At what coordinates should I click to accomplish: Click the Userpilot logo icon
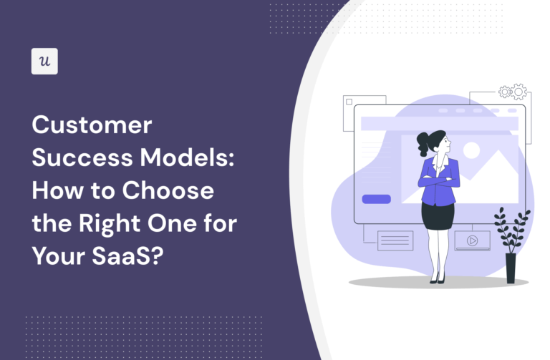(x=44, y=62)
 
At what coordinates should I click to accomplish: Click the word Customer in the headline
(x=92, y=126)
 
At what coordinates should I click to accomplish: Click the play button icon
(x=472, y=240)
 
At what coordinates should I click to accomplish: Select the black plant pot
(x=511, y=268)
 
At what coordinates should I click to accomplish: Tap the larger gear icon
(x=518, y=91)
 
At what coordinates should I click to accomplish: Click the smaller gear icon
(x=505, y=92)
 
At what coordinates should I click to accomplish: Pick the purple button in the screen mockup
(x=376, y=199)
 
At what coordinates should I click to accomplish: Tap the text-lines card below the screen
(x=395, y=240)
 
